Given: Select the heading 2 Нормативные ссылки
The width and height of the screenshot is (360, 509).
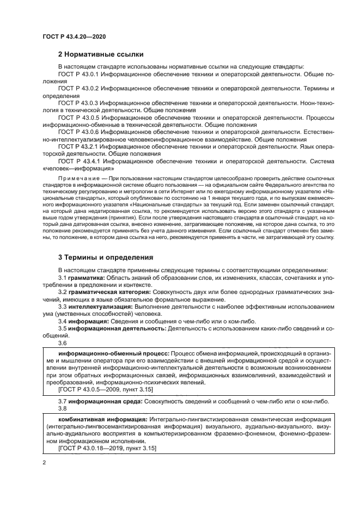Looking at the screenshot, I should tap(101, 54).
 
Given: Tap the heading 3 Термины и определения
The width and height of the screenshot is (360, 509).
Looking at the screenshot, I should tap(105, 257).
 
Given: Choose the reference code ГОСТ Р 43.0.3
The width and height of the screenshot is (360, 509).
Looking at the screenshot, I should tap(77, 102).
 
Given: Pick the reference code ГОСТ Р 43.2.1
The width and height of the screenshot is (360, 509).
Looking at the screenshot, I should tap(77, 146).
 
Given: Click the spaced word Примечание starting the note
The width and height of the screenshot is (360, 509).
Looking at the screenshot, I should tap(78, 179).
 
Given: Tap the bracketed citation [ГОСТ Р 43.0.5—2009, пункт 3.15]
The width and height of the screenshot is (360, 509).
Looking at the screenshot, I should tap(100, 390).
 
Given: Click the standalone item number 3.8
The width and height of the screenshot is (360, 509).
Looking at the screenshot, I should tap(62, 408).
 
